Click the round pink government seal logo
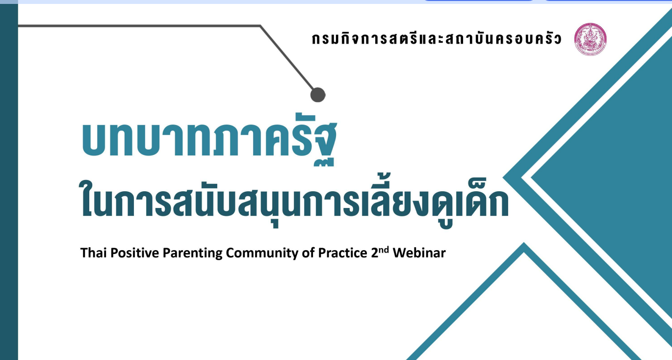(590, 39)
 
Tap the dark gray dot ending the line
(318, 95)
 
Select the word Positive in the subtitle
(135, 253)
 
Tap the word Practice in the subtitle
(342, 253)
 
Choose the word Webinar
(419, 253)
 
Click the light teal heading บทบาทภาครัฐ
(209, 140)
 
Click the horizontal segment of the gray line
(139, 26)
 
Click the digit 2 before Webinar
(374, 253)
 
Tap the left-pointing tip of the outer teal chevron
(503, 178)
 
